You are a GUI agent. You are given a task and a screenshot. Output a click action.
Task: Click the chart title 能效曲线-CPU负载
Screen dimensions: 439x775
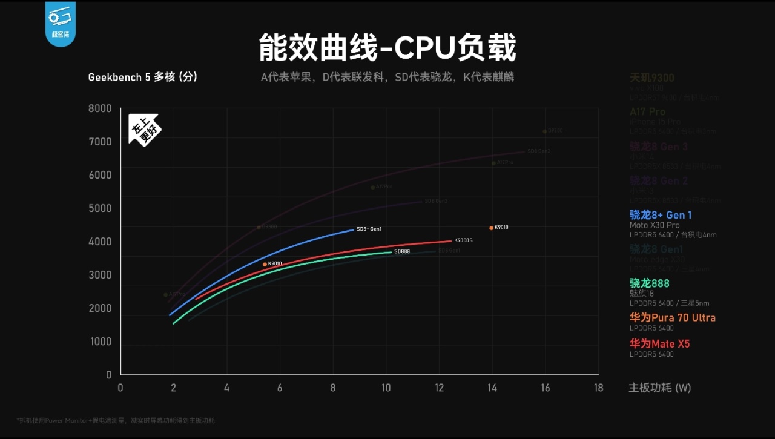pyautogui.click(x=387, y=48)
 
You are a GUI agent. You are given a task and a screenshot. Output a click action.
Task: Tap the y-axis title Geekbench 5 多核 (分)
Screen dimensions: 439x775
pyautogui.click(x=143, y=77)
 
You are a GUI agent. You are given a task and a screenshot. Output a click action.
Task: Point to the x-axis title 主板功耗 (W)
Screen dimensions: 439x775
pyautogui.click(x=659, y=388)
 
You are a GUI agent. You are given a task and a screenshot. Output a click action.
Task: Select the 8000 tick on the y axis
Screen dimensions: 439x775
pyautogui.click(x=101, y=108)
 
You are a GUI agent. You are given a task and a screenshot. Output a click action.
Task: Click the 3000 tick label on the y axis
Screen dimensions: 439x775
pyautogui.click(x=101, y=275)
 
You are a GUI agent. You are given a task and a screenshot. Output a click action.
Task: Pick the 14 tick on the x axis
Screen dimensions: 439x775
pyautogui.click(x=492, y=388)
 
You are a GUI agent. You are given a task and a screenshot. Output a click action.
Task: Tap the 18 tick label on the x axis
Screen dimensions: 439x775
pyautogui.click(x=598, y=388)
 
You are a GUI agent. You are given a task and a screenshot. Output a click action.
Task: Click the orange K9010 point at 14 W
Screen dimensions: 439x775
pyautogui.click(x=491, y=228)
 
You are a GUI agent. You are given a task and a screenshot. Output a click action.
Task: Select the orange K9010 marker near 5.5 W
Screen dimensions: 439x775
pyautogui.click(x=265, y=265)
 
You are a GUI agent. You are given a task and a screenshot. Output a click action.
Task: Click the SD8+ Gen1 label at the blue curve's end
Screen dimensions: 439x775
pyautogui.click(x=369, y=229)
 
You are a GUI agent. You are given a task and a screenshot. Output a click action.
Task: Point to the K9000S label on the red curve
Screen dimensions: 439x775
pyautogui.click(x=463, y=241)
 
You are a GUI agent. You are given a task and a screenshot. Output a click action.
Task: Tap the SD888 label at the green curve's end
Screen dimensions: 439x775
pyautogui.click(x=402, y=251)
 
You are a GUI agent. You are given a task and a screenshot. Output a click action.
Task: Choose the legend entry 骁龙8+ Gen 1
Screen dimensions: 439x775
pyautogui.click(x=661, y=215)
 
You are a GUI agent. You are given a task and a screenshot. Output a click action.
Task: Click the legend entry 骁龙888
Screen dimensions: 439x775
pyautogui.click(x=650, y=283)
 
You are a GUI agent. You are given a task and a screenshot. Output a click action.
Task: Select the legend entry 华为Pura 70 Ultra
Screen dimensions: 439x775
pyautogui.click(x=673, y=317)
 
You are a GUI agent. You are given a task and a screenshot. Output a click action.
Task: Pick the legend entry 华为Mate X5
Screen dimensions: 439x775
pyautogui.click(x=660, y=343)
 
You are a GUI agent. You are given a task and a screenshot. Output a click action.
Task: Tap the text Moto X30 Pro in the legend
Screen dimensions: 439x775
pyautogui.click(x=655, y=225)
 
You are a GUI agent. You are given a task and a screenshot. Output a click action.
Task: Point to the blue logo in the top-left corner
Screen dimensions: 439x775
pyautogui.click(x=60, y=22)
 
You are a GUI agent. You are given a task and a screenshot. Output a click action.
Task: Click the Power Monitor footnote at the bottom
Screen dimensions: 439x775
pyautogui.click(x=115, y=420)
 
